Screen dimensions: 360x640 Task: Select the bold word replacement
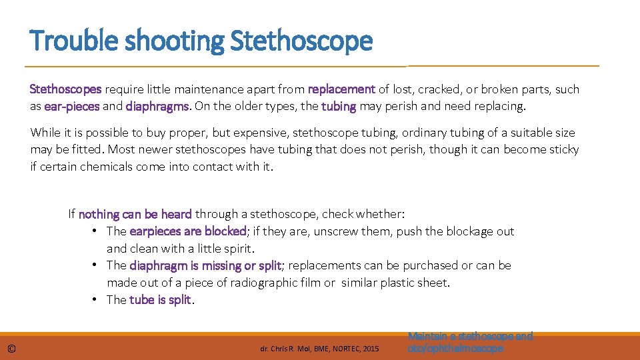(x=342, y=89)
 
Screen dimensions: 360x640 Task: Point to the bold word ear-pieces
(x=72, y=106)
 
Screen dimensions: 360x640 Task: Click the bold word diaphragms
(x=158, y=106)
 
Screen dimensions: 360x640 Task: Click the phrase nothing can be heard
(x=135, y=214)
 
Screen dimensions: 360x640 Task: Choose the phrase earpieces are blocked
(x=187, y=231)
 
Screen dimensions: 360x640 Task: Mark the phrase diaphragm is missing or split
(x=205, y=265)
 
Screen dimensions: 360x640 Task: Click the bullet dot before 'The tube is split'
(x=97, y=299)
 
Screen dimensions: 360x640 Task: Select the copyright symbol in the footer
(x=13, y=349)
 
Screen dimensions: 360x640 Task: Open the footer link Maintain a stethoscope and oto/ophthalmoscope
(x=470, y=342)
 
